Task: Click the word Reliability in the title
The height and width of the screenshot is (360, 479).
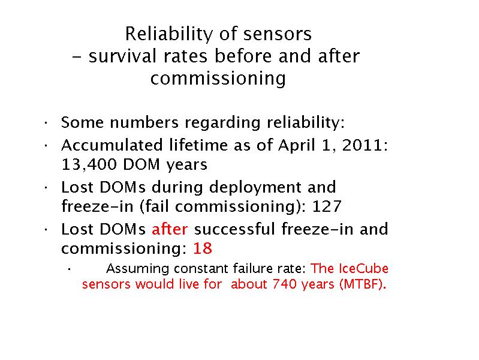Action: pyautogui.click(x=168, y=34)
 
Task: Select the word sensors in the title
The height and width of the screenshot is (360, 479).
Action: pyautogui.click(x=278, y=34)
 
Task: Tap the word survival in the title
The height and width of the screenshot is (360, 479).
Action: pyautogui.click(x=122, y=56)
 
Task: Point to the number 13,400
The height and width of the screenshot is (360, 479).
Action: pyautogui.click(x=89, y=164)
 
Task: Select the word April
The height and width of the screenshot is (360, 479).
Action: pyautogui.click(x=296, y=146)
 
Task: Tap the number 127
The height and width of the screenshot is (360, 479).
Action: pyautogui.click(x=326, y=206)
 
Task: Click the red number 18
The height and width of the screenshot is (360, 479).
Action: pyautogui.click(x=203, y=248)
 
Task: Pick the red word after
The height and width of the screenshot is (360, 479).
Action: pyautogui.click(x=170, y=229)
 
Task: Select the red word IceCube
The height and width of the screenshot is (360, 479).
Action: pyautogui.click(x=363, y=269)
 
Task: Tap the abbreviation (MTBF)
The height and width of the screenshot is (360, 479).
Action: pyautogui.click(x=363, y=284)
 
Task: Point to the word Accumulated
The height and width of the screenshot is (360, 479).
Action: pyautogui.click(x=112, y=145)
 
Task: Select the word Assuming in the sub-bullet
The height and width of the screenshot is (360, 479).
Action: pyautogui.click(x=138, y=269)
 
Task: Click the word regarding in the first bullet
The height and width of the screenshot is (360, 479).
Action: pyautogui.click(x=222, y=123)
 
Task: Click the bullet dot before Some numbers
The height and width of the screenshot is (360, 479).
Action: pyautogui.click(x=46, y=123)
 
